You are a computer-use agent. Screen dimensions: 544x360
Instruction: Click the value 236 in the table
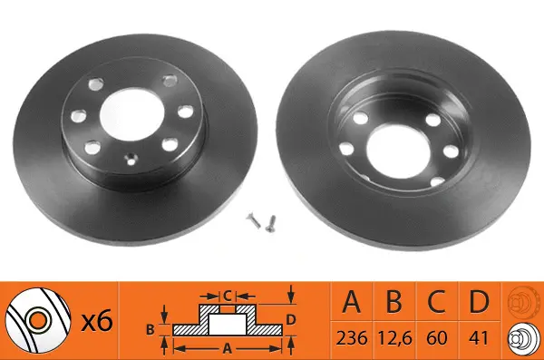[x=352, y=337]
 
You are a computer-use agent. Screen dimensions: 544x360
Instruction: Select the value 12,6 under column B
[x=394, y=338]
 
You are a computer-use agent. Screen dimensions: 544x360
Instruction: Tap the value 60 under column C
[x=437, y=337]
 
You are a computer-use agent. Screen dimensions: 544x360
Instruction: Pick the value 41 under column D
[x=479, y=337]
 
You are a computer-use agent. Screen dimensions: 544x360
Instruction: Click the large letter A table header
[x=352, y=301]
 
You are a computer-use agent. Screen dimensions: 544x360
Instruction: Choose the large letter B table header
[x=394, y=301]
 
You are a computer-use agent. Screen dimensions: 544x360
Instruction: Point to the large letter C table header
[x=436, y=301]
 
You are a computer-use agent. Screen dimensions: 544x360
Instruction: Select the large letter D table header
[x=479, y=301]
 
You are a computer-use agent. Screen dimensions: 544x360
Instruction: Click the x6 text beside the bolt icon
[x=97, y=321]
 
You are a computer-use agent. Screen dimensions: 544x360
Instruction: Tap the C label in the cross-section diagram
[x=228, y=296]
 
